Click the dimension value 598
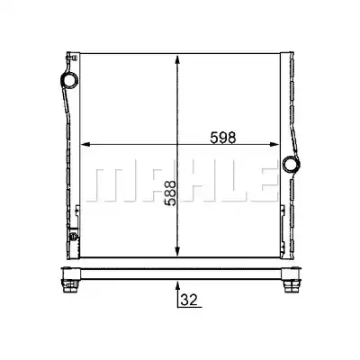pos(223,138)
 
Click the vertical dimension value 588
pos(170,193)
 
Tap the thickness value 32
pos(189,300)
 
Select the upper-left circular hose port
pos(69,80)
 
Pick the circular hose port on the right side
pos(292,164)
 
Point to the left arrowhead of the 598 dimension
pos(85,145)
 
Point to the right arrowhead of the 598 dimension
pos(274,145)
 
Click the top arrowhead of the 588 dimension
pos(177,59)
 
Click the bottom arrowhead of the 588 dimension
pos(177,252)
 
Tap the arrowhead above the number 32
pos(177,285)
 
